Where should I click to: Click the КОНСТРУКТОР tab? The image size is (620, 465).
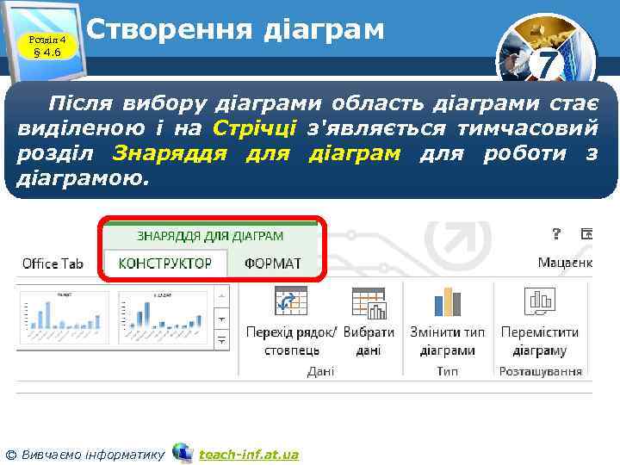tap(165, 263)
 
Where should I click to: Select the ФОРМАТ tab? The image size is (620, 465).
tap(273, 263)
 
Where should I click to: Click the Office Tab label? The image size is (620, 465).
tap(53, 263)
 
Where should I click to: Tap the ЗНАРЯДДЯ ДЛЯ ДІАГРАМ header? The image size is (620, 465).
tap(210, 235)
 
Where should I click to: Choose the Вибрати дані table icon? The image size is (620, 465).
tap(368, 302)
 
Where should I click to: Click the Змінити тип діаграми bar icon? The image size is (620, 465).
tap(448, 301)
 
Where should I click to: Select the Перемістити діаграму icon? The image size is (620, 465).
tap(541, 301)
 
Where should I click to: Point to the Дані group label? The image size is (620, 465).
tap(320, 371)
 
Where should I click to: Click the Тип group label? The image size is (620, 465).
tap(447, 371)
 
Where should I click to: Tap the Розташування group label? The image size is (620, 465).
tap(541, 371)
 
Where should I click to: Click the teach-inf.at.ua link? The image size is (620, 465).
tap(249, 454)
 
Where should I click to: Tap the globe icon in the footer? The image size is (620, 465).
tap(182, 452)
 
